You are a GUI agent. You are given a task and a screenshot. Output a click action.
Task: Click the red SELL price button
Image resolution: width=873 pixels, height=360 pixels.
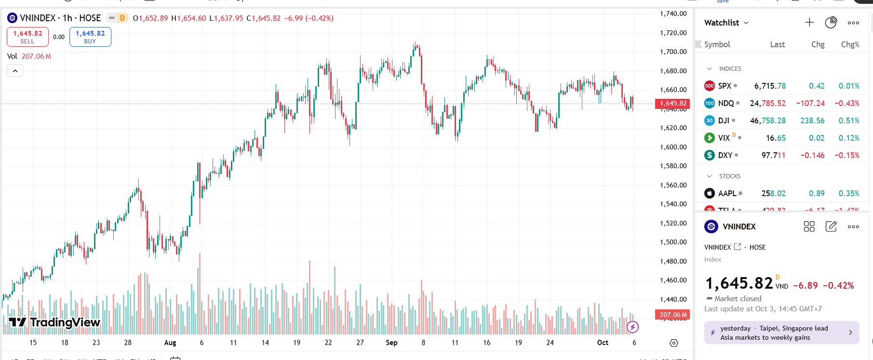click(x=27, y=37)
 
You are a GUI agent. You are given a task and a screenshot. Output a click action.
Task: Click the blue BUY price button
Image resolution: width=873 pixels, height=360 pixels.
click(x=90, y=37)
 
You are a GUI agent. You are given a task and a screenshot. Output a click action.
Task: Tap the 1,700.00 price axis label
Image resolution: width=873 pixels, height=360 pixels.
click(x=673, y=52)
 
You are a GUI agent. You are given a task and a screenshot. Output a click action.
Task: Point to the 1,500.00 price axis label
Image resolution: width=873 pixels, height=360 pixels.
click(x=673, y=242)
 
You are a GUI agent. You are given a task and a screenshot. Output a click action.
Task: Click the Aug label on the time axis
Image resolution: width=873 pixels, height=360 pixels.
click(x=170, y=343)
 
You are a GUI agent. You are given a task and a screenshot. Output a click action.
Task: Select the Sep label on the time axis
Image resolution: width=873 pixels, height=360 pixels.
click(x=391, y=343)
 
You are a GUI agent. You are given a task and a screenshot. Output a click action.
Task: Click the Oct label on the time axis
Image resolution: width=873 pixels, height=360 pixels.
click(x=603, y=343)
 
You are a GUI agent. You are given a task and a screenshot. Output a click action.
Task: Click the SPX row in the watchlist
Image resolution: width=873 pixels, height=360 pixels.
click(x=725, y=86)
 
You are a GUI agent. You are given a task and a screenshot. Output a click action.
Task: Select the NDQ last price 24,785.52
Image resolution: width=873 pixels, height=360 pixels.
click(x=767, y=103)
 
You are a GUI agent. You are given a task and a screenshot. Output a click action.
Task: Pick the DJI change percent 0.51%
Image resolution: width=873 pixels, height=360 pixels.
click(x=849, y=120)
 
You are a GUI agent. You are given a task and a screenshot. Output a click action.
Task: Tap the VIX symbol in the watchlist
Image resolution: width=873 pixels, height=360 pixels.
click(x=724, y=138)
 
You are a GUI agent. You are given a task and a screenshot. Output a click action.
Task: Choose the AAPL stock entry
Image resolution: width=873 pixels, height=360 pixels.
click(x=727, y=193)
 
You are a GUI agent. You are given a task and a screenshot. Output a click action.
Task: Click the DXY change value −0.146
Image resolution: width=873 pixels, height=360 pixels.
click(x=812, y=155)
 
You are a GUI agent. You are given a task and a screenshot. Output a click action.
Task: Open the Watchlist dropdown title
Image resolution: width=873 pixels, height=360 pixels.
click(x=726, y=23)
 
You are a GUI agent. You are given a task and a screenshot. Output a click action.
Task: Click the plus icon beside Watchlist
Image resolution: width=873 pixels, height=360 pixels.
click(x=809, y=23)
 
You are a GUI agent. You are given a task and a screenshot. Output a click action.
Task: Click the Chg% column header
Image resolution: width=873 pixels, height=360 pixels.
click(x=850, y=44)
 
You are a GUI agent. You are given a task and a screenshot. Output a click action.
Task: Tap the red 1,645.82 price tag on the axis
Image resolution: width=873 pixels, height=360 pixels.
click(x=672, y=104)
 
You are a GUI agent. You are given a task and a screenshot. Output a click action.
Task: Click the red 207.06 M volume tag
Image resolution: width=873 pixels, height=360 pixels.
click(x=672, y=315)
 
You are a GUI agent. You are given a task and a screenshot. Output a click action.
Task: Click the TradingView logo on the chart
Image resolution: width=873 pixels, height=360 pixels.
click(x=54, y=322)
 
